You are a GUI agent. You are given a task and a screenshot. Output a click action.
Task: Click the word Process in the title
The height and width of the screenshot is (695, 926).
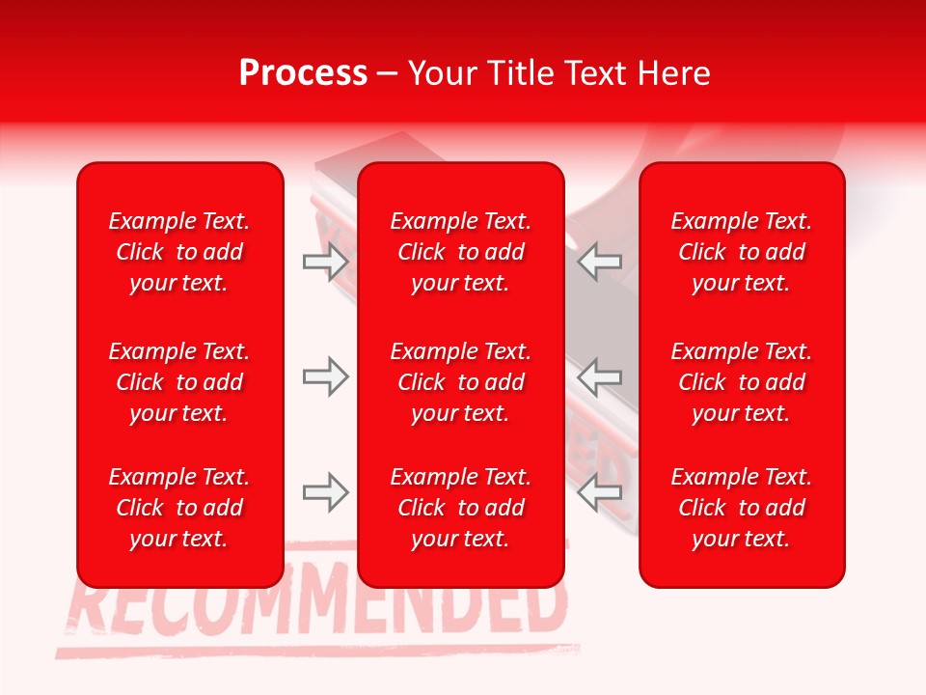point(303,73)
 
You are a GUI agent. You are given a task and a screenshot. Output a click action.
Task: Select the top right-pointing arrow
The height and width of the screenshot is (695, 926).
point(326,262)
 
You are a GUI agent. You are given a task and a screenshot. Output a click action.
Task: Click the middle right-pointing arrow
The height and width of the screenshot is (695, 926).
point(326,376)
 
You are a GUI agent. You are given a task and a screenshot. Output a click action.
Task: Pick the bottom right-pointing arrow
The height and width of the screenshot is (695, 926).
point(326,493)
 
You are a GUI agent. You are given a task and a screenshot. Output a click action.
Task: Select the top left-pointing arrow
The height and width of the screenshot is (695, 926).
point(599,262)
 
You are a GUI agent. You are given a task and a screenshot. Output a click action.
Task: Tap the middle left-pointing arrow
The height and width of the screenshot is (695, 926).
point(599,376)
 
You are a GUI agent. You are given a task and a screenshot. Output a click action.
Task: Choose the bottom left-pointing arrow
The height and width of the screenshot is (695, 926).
point(599,493)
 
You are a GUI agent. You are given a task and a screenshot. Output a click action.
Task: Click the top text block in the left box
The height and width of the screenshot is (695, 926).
point(179,252)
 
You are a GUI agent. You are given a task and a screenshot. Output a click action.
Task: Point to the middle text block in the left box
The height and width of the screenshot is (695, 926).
point(179,382)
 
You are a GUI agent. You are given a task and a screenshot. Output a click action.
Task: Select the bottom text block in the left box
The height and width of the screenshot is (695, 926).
point(179,508)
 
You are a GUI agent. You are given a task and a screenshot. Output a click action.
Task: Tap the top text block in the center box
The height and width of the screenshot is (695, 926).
point(461,252)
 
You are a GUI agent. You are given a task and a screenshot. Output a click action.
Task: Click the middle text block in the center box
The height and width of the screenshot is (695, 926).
point(461,382)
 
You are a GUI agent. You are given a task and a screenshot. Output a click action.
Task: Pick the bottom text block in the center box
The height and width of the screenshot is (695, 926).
point(461,508)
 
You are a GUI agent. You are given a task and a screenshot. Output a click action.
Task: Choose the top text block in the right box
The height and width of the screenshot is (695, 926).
point(742,252)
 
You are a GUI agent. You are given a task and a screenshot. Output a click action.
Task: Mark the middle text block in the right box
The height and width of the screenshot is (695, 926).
point(742,382)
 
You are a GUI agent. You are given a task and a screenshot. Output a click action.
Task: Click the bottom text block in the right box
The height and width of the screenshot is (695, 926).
point(742,508)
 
